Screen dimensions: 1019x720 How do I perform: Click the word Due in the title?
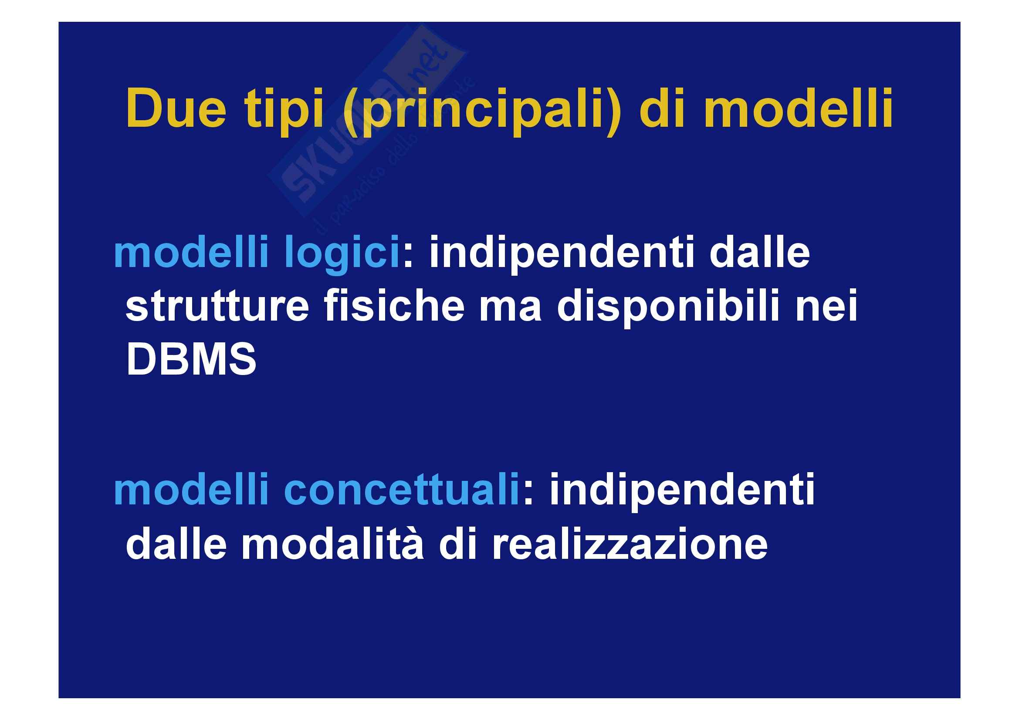click(x=176, y=109)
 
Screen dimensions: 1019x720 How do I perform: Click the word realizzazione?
click(x=630, y=545)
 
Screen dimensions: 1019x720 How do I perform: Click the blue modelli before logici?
click(x=191, y=253)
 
